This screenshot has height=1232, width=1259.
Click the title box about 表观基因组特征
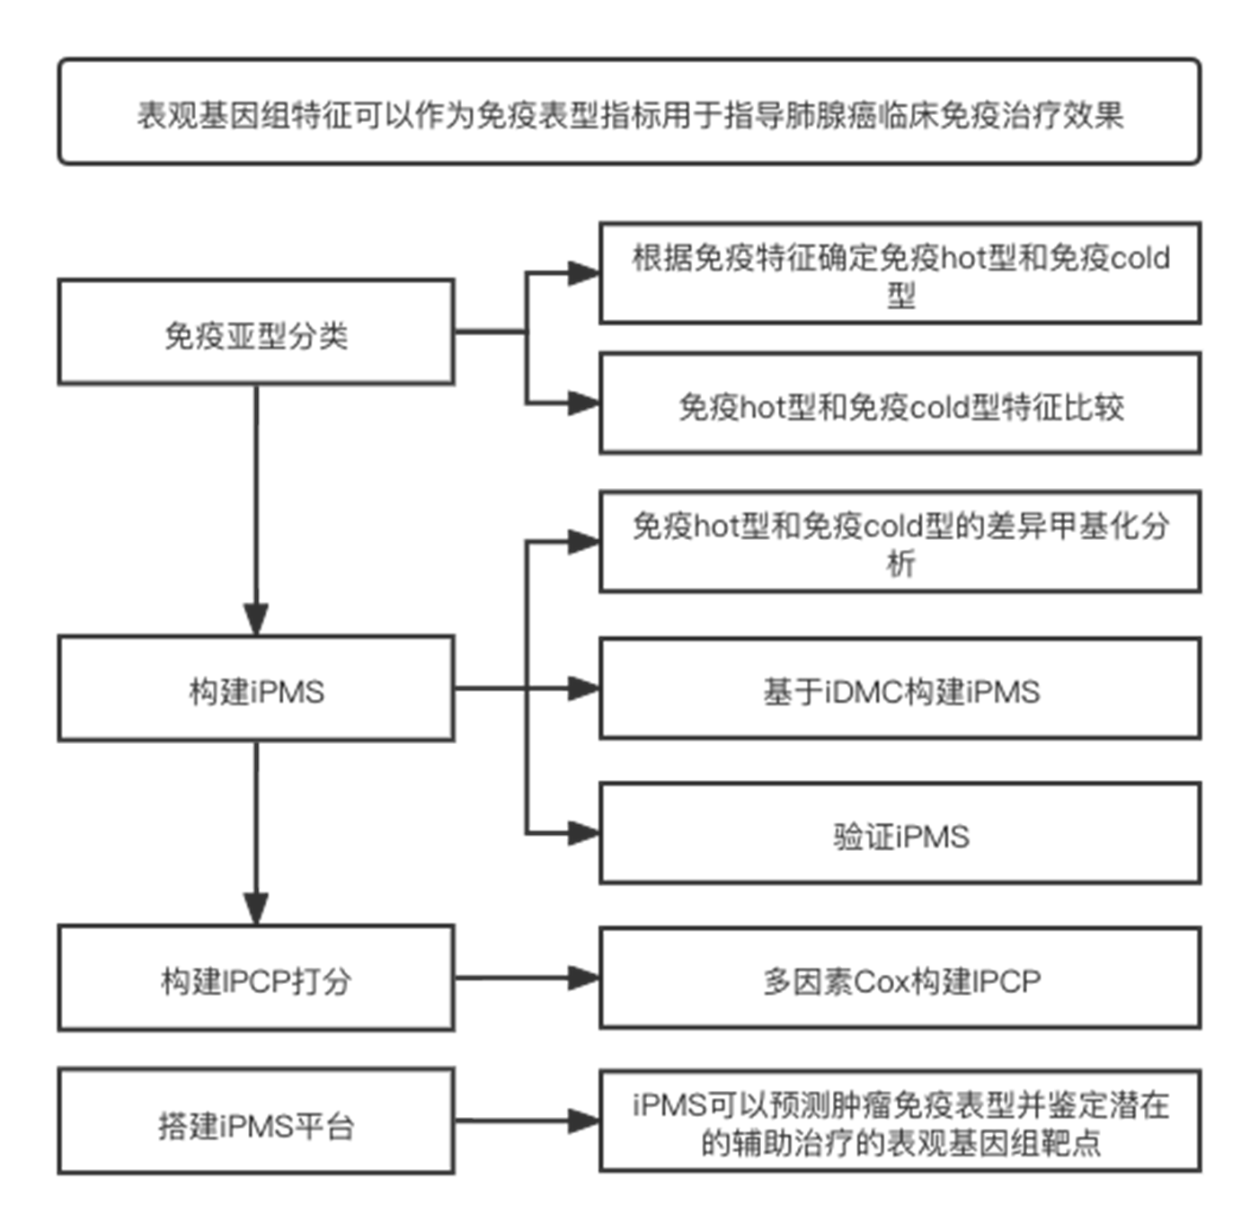coord(629,111)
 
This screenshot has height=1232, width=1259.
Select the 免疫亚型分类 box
coord(256,332)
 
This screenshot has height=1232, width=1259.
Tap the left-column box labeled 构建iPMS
coord(256,687)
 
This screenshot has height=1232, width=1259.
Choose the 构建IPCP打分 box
coord(256,978)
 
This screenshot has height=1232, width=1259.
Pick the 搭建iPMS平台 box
coord(256,1121)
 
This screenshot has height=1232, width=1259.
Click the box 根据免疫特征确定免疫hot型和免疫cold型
coord(900,273)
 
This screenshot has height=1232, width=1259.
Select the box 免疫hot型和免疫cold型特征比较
coord(900,403)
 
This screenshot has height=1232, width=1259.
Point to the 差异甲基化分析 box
coord(900,542)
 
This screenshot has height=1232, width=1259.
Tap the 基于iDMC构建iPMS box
coord(900,688)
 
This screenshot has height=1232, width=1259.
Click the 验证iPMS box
coord(900,833)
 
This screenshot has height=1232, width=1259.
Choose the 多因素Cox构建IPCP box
coord(900,978)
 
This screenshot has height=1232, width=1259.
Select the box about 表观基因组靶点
coord(900,1121)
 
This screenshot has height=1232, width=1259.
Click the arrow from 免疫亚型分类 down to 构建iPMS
coord(256,510)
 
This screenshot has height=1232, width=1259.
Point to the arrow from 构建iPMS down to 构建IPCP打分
coord(256,833)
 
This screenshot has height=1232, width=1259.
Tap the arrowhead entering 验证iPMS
coord(583,833)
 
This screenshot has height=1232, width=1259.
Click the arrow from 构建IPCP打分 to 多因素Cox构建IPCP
coord(528,978)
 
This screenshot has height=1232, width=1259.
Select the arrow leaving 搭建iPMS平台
coord(528,1121)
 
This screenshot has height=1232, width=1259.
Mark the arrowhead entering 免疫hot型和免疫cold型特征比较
coord(583,403)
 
